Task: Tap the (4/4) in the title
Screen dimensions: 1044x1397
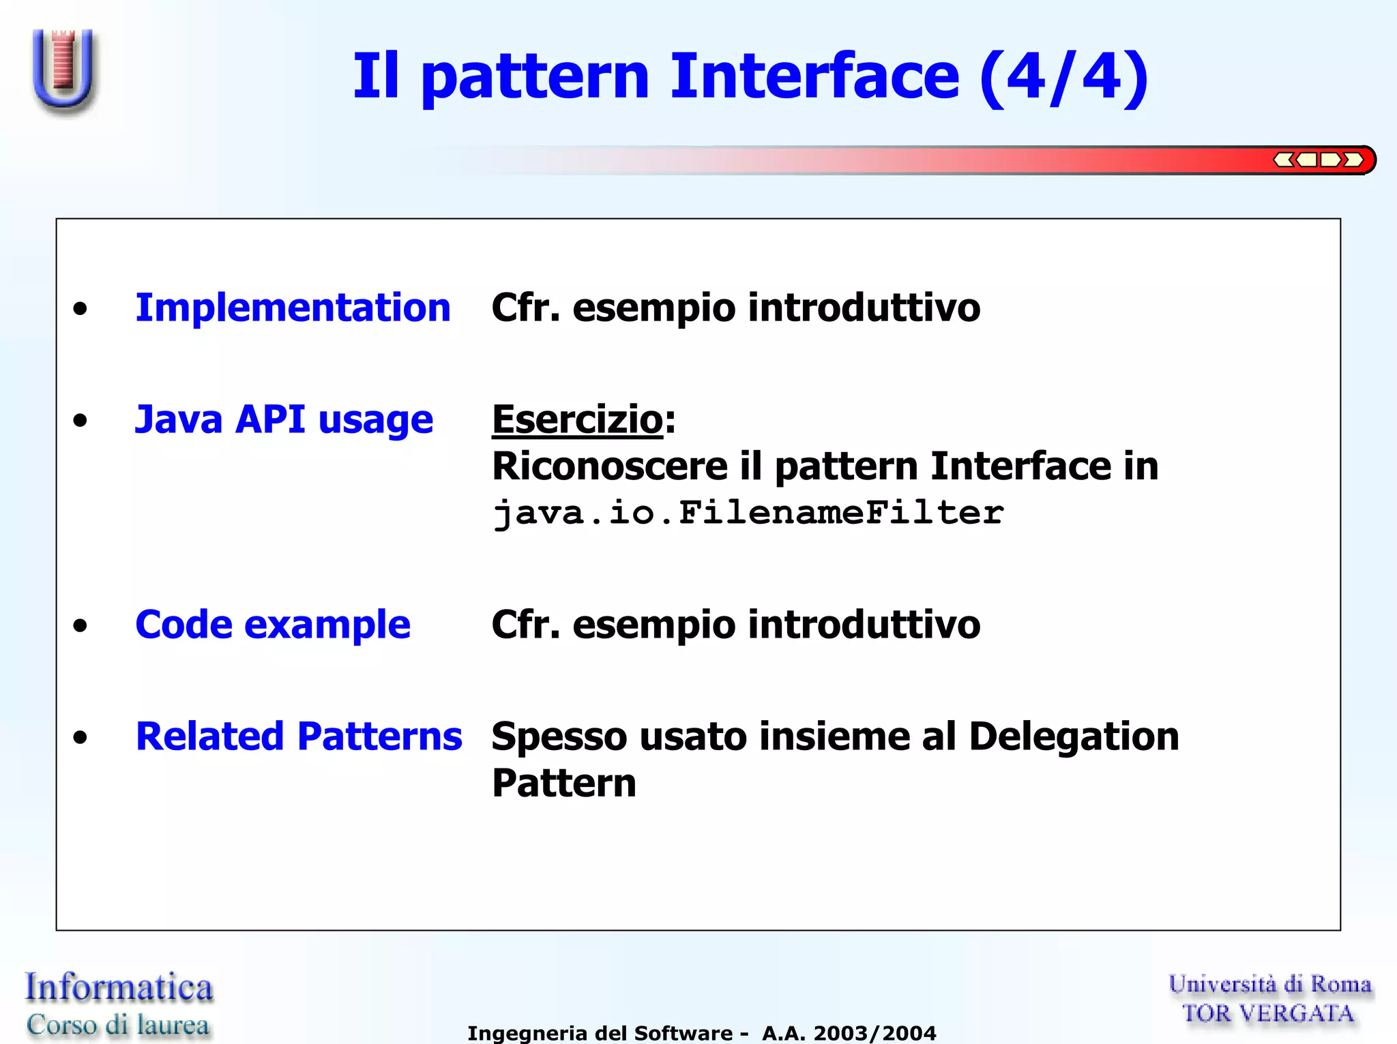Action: point(1063,78)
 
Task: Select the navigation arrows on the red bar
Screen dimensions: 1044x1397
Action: point(1318,160)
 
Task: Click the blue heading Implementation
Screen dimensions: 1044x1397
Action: point(293,308)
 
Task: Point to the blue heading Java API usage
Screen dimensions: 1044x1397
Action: point(284,419)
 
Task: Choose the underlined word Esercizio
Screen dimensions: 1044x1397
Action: point(577,419)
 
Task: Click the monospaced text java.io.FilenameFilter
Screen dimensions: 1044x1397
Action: point(748,513)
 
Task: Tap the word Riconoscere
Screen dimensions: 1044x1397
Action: point(610,466)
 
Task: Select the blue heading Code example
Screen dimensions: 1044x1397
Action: point(273,625)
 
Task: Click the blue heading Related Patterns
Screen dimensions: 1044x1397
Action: point(299,736)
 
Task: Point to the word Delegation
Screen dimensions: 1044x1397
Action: point(1074,736)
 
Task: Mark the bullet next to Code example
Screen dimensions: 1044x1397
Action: point(80,625)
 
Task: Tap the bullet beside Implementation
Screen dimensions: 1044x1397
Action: point(80,309)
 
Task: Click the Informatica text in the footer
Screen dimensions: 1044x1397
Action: point(119,987)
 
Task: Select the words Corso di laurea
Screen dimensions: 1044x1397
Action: point(118,1025)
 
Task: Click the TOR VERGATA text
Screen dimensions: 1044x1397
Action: point(1268,1014)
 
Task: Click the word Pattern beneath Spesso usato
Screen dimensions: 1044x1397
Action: point(563,783)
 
